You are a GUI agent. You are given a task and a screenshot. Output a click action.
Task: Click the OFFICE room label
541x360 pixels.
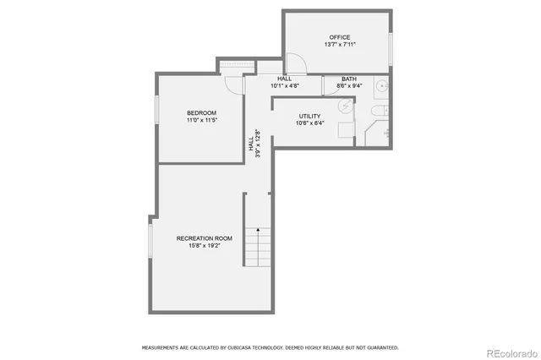pyautogui.click(x=339, y=37)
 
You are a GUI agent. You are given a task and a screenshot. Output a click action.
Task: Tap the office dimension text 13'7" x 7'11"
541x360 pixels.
pyautogui.click(x=339, y=46)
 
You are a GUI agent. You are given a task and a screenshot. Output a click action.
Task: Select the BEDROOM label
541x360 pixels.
pyautogui.click(x=201, y=112)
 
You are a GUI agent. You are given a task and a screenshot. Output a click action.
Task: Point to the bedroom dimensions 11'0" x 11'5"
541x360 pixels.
pyautogui.click(x=201, y=121)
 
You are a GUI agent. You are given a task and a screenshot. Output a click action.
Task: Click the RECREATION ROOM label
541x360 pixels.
pyautogui.click(x=204, y=238)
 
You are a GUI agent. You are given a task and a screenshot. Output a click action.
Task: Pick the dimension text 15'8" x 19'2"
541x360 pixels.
pyautogui.click(x=204, y=247)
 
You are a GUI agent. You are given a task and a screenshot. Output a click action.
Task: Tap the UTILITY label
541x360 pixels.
pyautogui.click(x=309, y=116)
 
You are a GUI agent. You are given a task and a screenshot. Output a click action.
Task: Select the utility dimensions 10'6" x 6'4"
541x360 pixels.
pyautogui.click(x=309, y=124)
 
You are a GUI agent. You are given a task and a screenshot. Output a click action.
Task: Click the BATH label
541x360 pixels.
pyautogui.click(x=348, y=79)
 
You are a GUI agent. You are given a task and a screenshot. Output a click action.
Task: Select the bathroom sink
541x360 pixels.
pyautogui.click(x=381, y=85)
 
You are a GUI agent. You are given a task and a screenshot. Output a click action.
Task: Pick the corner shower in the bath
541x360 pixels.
pyautogui.click(x=376, y=134)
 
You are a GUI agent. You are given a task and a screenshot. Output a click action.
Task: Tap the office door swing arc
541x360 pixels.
pyautogui.click(x=296, y=63)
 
